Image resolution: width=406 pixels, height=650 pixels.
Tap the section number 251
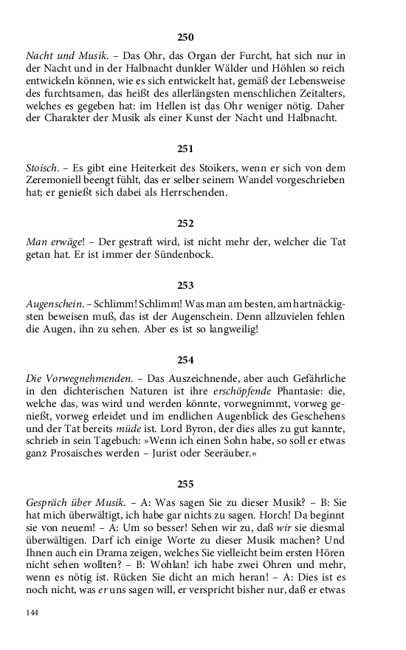pyautogui.click(x=185, y=148)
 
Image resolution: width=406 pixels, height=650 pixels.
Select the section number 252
pyautogui.click(x=185, y=222)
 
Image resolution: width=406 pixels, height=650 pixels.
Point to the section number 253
pyautogui.click(x=185, y=284)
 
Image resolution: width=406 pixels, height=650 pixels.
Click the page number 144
pyautogui.click(x=32, y=613)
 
